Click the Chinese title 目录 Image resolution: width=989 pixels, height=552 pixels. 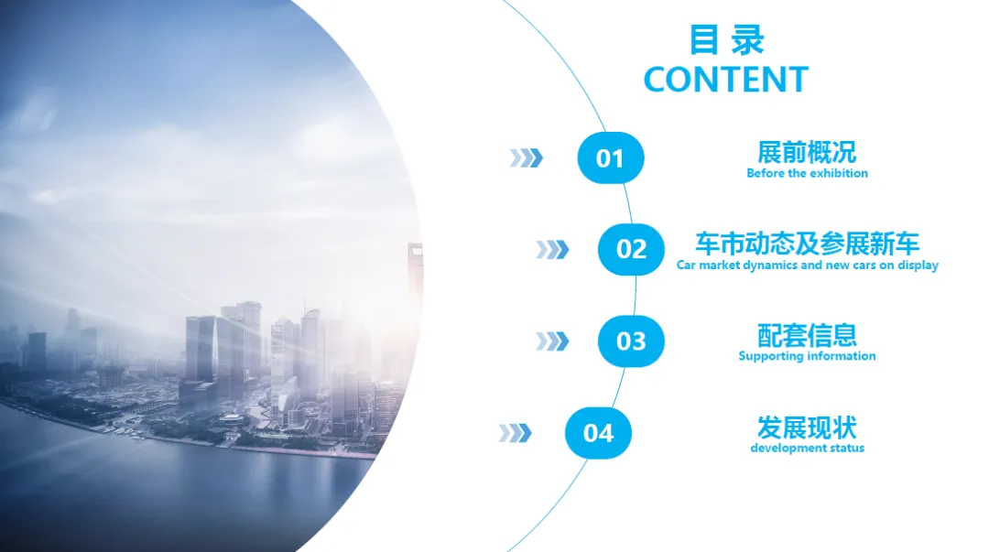coord(726,39)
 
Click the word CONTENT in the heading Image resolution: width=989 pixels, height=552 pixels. coord(726,80)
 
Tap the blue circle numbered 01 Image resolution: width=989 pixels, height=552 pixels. coord(611,157)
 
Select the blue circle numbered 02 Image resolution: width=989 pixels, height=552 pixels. coord(631,249)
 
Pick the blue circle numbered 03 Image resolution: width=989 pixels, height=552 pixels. coord(631,341)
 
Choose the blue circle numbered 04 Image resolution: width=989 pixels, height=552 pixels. coord(598,433)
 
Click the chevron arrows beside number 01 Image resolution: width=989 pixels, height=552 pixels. coord(526,157)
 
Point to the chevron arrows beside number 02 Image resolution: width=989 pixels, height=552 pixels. coord(552,250)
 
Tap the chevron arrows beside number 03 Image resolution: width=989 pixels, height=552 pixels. coord(552,341)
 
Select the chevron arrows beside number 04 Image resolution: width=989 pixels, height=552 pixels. coord(516,433)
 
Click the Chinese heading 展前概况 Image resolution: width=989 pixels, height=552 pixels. coord(807,152)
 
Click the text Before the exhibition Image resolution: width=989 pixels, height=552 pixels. coord(808,173)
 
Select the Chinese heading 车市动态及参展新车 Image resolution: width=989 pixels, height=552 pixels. coord(808,244)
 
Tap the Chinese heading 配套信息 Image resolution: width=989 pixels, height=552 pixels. coord(808,336)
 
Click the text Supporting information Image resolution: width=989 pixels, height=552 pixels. coord(808,356)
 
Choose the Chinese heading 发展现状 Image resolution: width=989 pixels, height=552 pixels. coord(807,428)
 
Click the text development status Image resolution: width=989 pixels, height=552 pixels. coord(808,448)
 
